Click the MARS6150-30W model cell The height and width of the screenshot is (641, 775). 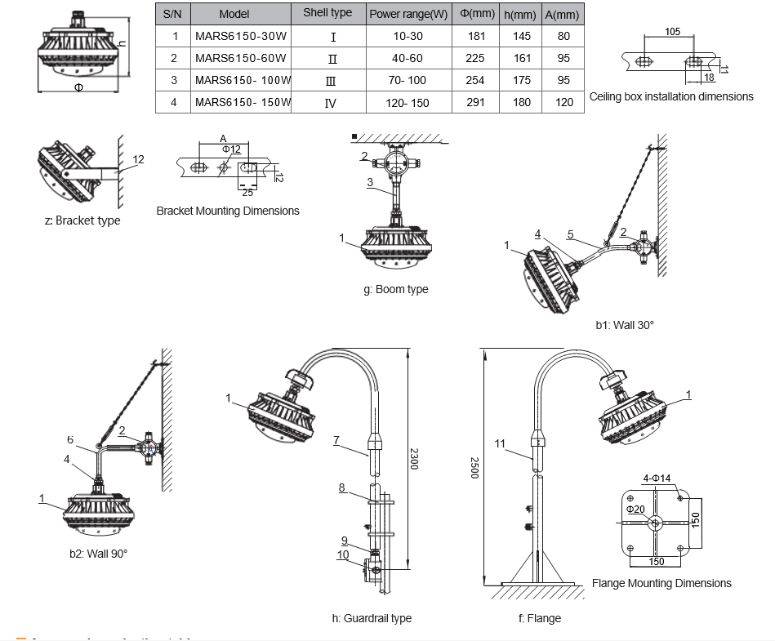[x=240, y=36]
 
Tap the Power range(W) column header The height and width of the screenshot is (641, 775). [x=408, y=14]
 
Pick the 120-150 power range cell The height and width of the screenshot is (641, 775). [x=408, y=102]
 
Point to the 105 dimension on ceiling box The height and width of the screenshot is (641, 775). [x=672, y=31]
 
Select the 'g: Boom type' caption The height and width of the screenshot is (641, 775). [x=396, y=289]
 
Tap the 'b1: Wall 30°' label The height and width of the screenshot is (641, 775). [x=625, y=325]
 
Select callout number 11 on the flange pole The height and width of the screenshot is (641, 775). [x=500, y=443]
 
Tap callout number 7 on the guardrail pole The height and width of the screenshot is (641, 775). [x=336, y=440]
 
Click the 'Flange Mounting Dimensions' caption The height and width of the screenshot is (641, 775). [x=661, y=583]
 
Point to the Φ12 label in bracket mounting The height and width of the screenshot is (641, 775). [x=231, y=149]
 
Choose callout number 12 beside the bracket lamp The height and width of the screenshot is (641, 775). [x=138, y=159]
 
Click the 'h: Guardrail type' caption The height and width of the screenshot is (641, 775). [x=372, y=618]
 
